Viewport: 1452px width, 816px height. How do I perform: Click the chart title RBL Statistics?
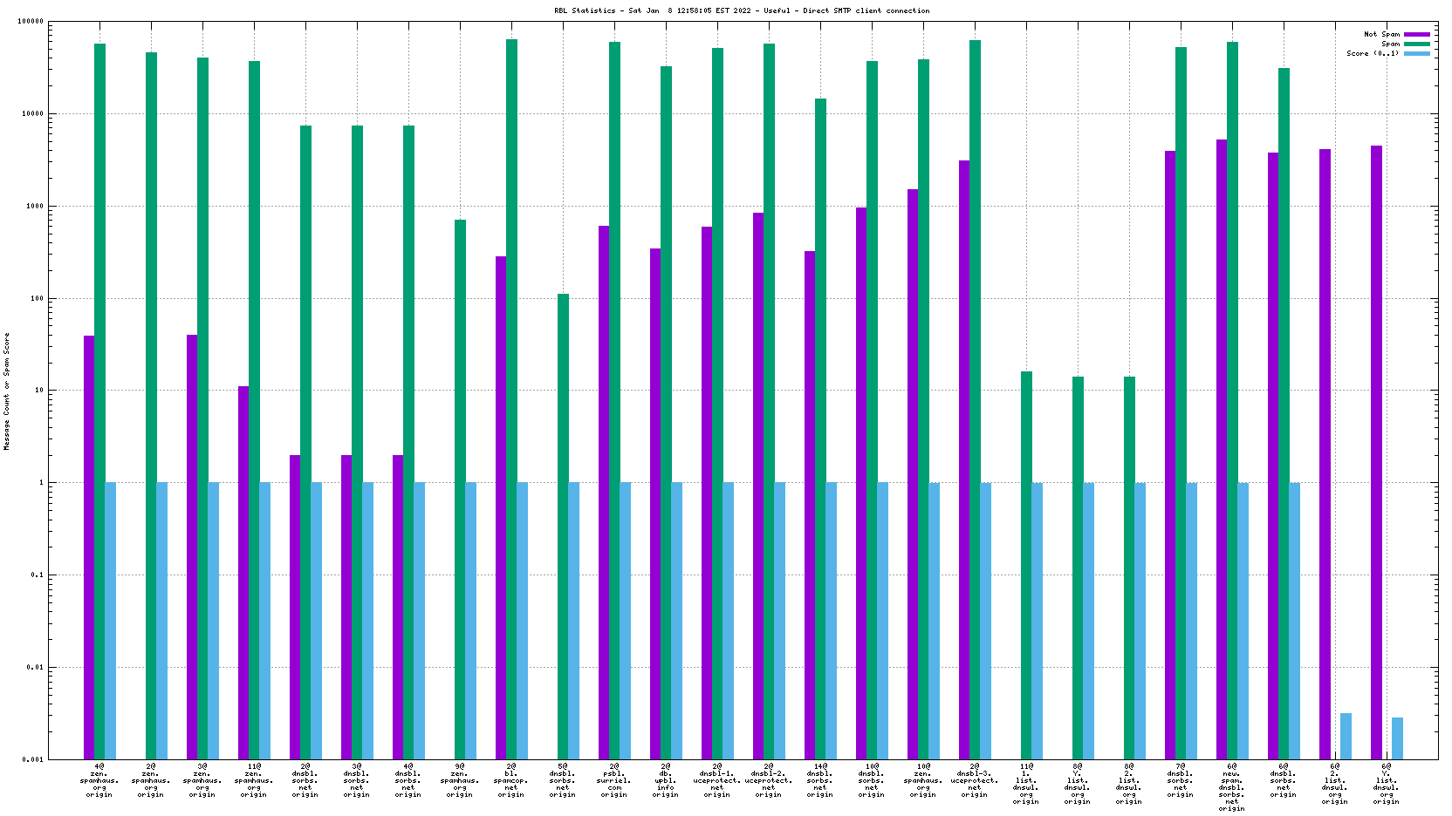pyautogui.click(x=741, y=10)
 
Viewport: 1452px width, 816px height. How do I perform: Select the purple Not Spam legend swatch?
pyautogui.click(x=1416, y=34)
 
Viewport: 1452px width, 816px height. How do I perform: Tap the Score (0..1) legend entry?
pyautogui.click(x=1373, y=53)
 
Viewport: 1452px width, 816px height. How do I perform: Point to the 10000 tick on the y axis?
pyautogui.click(x=31, y=113)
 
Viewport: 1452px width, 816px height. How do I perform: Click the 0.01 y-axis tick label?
pyautogui.click(x=33, y=667)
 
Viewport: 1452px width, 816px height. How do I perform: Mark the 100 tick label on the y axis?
pyautogui.click(x=35, y=298)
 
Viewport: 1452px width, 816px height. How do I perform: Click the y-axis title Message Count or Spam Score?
pyautogui.click(x=7, y=391)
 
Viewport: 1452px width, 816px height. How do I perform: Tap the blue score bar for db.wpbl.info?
pyautogui.click(x=676, y=620)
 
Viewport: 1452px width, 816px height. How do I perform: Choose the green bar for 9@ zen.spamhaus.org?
pyautogui.click(x=460, y=488)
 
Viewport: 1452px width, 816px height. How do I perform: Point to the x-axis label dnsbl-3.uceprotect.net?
pyautogui.click(x=974, y=780)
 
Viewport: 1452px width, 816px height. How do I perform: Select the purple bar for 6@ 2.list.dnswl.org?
pyautogui.click(x=1325, y=453)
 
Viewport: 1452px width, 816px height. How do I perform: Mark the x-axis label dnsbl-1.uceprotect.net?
pyautogui.click(x=716, y=780)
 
